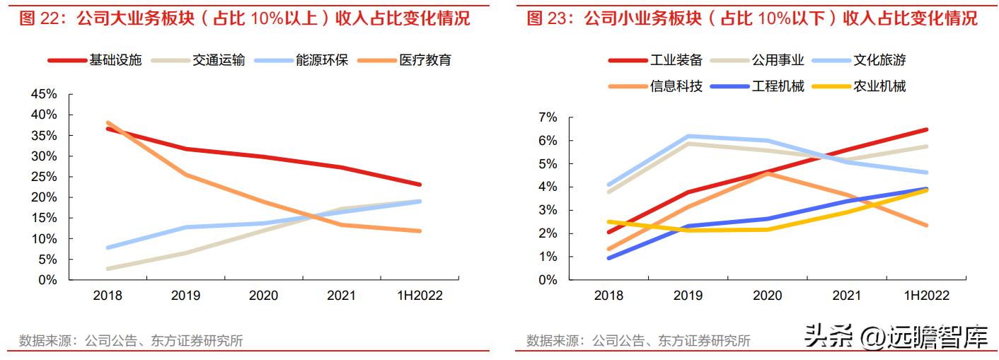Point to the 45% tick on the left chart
(x=43, y=94)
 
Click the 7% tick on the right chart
(x=548, y=117)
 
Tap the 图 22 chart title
(x=244, y=18)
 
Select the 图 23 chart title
(x=752, y=18)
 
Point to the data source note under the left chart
(x=131, y=341)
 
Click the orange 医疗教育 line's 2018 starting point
(x=108, y=122)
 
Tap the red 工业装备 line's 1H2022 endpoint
(x=926, y=129)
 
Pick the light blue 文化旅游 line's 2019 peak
(x=688, y=136)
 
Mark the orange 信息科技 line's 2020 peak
(x=768, y=173)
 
